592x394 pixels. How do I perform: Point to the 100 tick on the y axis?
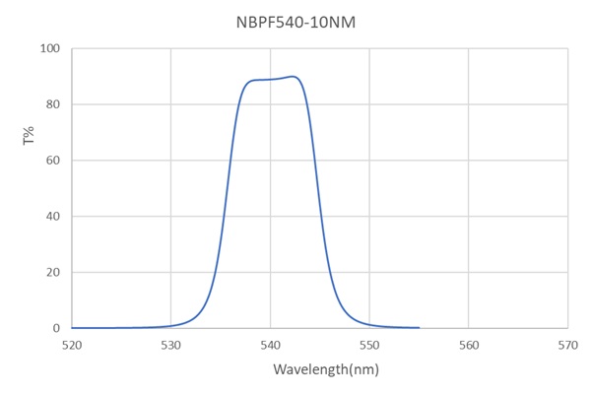(x=49, y=49)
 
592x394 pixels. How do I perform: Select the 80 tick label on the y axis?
(x=52, y=104)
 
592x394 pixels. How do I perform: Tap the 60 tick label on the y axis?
(x=52, y=161)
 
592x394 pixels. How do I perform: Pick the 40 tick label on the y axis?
(x=52, y=217)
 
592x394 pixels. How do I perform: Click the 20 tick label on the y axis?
(x=52, y=272)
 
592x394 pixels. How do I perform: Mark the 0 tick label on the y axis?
(x=56, y=328)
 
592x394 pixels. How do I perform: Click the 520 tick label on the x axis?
(x=72, y=345)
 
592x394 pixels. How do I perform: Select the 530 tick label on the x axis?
(x=171, y=345)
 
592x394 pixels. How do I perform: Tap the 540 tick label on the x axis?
(x=270, y=345)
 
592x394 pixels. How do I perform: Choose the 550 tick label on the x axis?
(x=369, y=345)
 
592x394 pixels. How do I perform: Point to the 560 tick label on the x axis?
(x=468, y=345)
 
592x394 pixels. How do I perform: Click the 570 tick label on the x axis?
(x=566, y=345)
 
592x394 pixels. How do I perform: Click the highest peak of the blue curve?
(x=293, y=77)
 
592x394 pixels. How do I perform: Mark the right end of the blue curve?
(x=419, y=327)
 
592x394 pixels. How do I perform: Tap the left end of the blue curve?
(x=73, y=327)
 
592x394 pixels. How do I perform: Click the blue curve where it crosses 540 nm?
(x=270, y=80)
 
